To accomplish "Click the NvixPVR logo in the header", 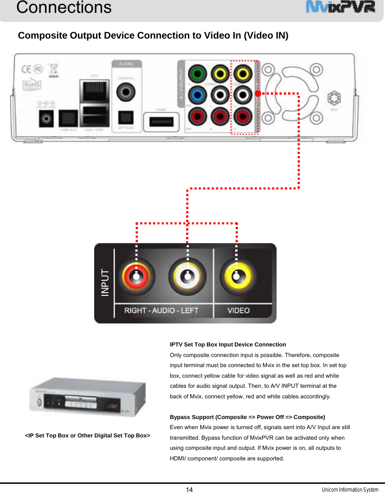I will (340, 8).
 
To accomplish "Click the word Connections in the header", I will (64, 7).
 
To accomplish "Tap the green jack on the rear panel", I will (198, 74).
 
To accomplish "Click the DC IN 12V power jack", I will (46, 119).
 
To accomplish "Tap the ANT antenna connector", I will (334, 99).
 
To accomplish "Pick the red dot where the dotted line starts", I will (258, 93).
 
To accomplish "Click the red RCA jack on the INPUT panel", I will (136, 276).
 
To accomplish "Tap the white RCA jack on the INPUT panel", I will (187, 276).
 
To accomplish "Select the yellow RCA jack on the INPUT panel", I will (236, 276).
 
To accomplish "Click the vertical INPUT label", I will (106, 282).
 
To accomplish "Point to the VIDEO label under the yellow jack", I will (239, 311).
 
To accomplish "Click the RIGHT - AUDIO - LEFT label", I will (161, 311).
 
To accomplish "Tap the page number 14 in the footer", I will (189, 489).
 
